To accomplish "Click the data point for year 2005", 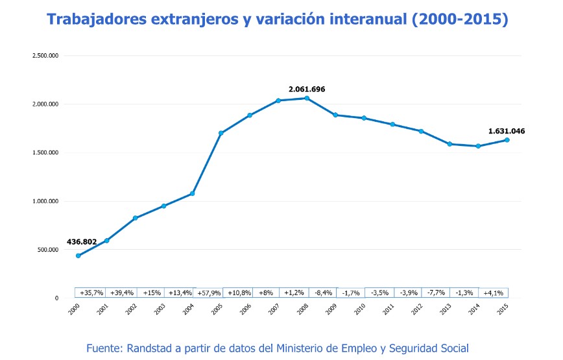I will click(x=221, y=133).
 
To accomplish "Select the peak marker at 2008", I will click(x=307, y=98).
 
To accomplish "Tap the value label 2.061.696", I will click(x=307, y=89).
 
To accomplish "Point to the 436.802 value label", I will click(x=82, y=242).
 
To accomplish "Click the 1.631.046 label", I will click(x=507, y=131).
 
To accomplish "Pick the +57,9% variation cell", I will click(x=209, y=293).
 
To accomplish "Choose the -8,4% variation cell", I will click(x=322, y=293).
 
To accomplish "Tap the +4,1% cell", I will click(x=494, y=293).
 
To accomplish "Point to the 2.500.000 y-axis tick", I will click(x=45, y=56).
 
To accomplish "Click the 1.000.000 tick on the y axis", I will click(x=45, y=201).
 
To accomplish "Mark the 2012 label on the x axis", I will click(x=416, y=309).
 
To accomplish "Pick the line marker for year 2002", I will click(x=136, y=218).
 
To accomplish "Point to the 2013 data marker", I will click(x=449, y=144).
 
